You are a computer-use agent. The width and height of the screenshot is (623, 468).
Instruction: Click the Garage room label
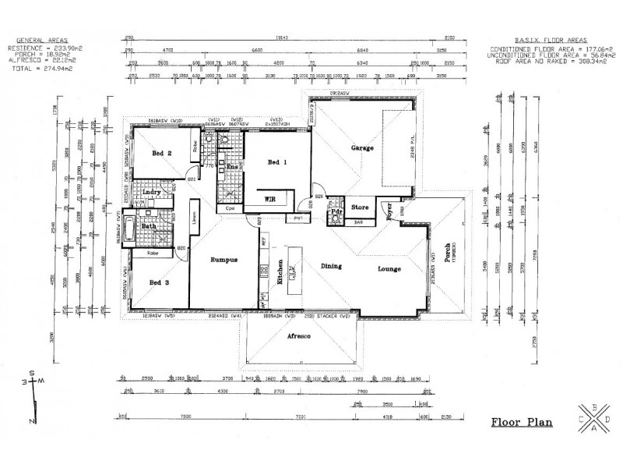[x=362, y=147]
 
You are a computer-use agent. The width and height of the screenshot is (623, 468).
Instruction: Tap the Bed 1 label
[x=277, y=162]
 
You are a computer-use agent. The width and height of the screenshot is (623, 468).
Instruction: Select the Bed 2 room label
[x=162, y=154]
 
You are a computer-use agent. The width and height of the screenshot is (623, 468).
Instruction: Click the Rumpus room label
[x=224, y=260]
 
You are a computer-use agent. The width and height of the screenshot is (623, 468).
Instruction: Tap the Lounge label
[x=389, y=269]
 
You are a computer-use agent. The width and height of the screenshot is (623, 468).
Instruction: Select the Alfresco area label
[x=300, y=335]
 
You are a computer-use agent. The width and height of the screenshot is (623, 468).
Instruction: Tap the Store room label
[x=359, y=207]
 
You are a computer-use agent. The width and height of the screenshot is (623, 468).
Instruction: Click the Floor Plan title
[x=519, y=424]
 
